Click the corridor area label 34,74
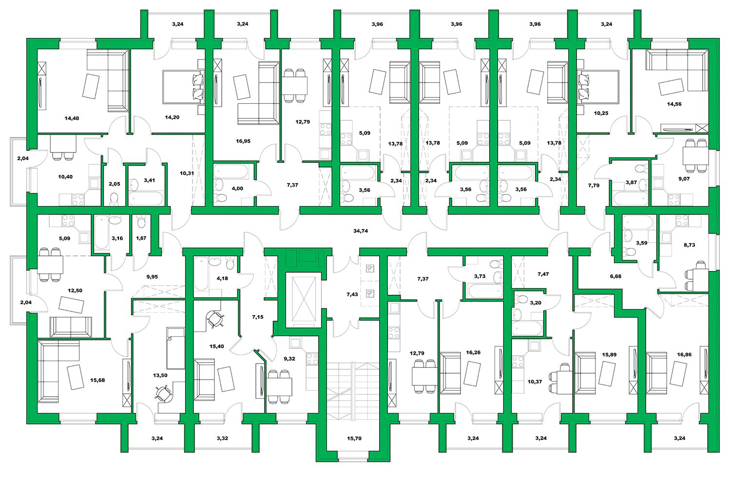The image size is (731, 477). click(360, 230)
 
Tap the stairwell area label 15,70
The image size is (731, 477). click(354, 438)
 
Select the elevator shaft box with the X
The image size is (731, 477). click(304, 300)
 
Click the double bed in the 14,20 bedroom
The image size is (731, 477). click(183, 87)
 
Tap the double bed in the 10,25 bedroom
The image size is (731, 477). click(598, 87)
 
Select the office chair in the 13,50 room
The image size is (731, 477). click(163, 393)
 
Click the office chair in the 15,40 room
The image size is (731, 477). click(215, 319)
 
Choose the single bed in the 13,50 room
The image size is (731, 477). click(175, 348)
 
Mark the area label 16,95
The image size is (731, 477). click(243, 141)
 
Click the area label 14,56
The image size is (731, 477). click(674, 104)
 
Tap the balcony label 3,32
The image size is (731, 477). click(222, 438)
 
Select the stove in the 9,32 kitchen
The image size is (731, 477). click(312, 359)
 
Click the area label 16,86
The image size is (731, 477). click(684, 354)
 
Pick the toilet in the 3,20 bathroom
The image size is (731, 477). click(522, 299)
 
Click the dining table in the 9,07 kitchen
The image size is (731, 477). click(695, 156)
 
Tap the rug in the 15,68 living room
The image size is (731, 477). click(76, 377)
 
